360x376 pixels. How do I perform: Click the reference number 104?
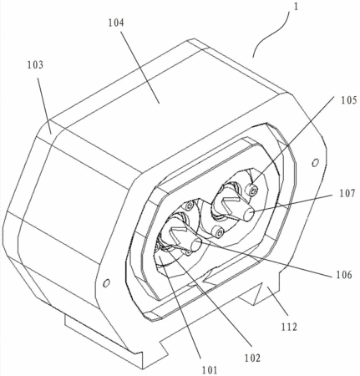tap(116, 23)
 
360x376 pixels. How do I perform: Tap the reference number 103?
tap(35, 65)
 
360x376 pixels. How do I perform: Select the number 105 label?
tap(349, 100)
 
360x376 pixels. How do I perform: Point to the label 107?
tap(347, 193)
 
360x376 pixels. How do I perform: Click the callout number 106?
tap(344, 275)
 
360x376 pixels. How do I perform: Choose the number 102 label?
tap(252, 358)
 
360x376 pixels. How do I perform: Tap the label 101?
tap(210, 370)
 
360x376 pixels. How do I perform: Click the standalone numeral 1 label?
tap(296, 7)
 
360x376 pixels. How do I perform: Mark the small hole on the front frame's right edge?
tap(315, 162)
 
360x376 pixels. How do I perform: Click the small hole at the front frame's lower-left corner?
tap(106, 283)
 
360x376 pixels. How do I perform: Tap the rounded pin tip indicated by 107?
tap(249, 215)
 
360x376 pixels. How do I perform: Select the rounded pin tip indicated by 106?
tap(196, 245)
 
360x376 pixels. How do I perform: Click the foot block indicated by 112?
tap(259, 294)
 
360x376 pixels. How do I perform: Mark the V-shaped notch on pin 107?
tap(231, 205)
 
